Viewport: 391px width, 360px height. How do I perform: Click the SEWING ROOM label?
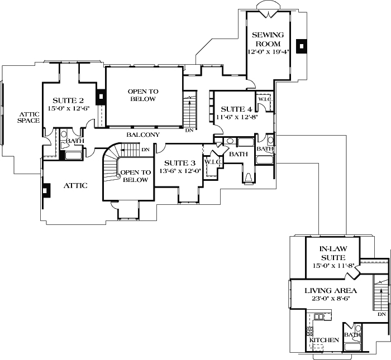pos(269,39)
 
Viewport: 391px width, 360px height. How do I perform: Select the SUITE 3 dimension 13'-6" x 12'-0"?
pos(180,171)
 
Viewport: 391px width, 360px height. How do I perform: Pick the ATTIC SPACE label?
pos(27,116)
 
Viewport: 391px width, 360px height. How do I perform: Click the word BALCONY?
pos(143,135)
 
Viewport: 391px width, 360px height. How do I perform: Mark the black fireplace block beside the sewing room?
pos(302,46)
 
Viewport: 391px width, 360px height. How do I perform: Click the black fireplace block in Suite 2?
pos(100,97)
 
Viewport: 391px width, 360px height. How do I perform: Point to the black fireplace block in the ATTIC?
pos(45,190)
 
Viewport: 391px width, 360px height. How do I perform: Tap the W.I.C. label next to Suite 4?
pos(264,99)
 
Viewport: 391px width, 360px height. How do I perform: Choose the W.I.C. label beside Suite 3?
pos(213,162)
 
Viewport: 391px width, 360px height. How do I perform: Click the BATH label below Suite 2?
pos(75,141)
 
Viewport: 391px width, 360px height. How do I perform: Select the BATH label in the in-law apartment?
pos(352,335)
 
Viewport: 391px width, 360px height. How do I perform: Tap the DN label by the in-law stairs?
pos(382,315)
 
